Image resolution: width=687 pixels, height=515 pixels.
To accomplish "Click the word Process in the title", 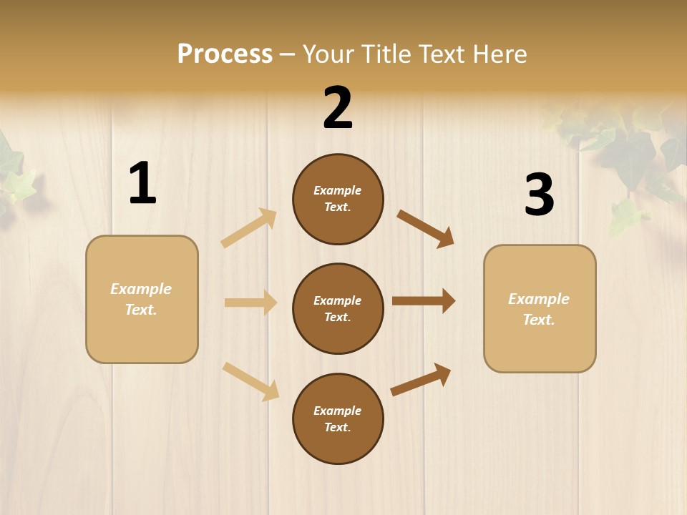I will tap(225, 54).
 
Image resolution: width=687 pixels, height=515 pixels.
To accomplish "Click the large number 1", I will tap(142, 184).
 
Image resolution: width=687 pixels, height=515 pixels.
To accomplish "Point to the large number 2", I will tap(338, 108).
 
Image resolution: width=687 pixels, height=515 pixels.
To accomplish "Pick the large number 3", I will tap(539, 195).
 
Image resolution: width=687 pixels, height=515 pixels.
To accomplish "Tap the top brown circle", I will tap(338, 199).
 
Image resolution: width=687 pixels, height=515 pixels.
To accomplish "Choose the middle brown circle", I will tap(338, 309).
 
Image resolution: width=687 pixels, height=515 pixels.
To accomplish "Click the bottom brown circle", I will tap(338, 419).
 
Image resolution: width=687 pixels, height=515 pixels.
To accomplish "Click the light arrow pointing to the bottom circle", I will tap(251, 381).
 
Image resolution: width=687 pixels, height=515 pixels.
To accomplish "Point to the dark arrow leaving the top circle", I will tap(426, 228).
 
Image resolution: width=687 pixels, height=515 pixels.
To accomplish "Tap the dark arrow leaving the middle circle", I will tap(424, 301).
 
